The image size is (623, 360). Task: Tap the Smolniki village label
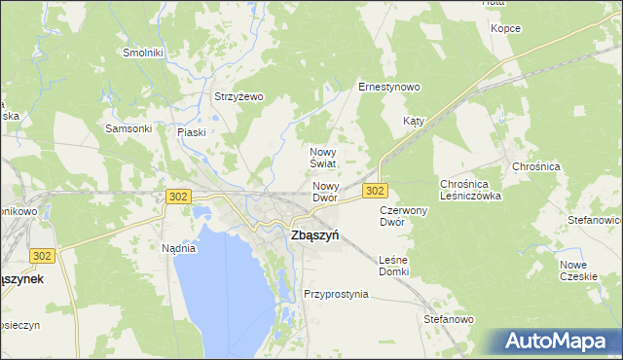pyautogui.click(x=143, y=53)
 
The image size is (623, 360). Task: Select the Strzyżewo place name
pyautogui.click(x=239, y=96)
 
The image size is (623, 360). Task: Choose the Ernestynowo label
pyautogui.click(x=388, y=87)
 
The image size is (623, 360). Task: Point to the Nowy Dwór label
pyautogui.click(x=325, y=192)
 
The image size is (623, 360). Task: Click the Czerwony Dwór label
pyautogui.click(x=404, y=215)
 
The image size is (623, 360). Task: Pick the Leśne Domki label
pyautogui.click(x=393, y=265)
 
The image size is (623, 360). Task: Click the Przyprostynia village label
pyautogui.click(x=336, y=294)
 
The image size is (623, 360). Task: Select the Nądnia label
pyautogui.click(x=178, y=248)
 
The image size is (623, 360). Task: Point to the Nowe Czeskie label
pyautogui.click(x=578, y=270)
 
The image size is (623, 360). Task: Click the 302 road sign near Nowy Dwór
pyautogui.click(x=376, y=191)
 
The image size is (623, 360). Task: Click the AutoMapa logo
pyautogui.click(x=558, y=342)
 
